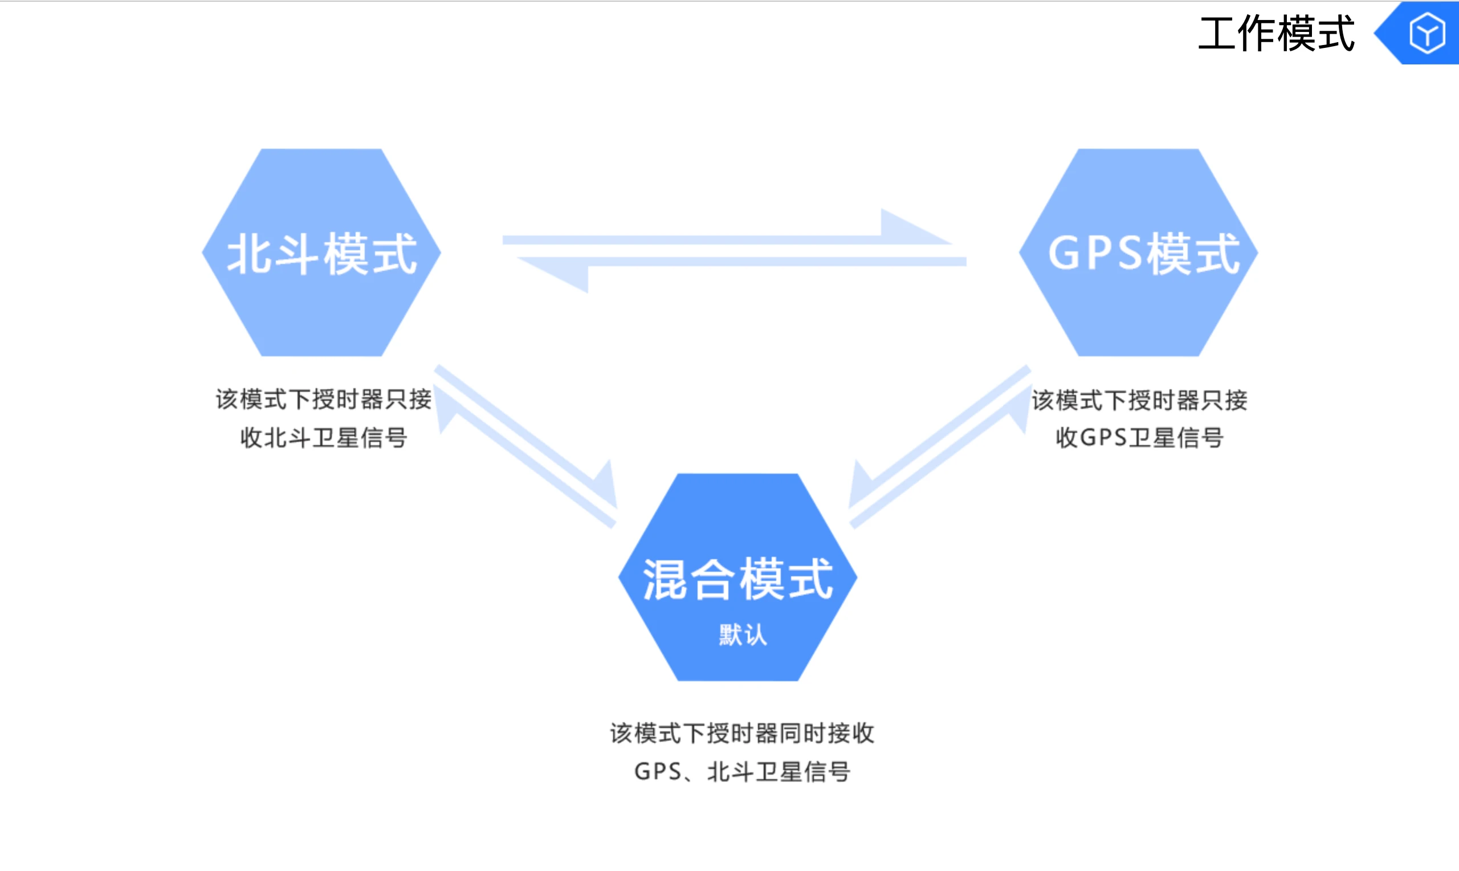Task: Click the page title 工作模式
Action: (x=1276, y=34)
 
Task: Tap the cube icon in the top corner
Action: (x=1427, y=34)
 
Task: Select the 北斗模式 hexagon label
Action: (x=321, y=254)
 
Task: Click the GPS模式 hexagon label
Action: (x=1143, y=254)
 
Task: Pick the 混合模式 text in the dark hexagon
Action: (x=737, y=579)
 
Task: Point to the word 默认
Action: (x=743, y=635)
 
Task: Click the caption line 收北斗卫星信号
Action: (x=324, y=438)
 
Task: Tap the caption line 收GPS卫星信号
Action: (x=1139, y=438)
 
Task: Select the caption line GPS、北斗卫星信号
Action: (x=742, y=772)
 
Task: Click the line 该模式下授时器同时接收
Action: (x=742, y=734)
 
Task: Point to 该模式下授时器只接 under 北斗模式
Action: (x=324, y=400)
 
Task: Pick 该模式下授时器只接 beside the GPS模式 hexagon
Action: (x=1139, y=400)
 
